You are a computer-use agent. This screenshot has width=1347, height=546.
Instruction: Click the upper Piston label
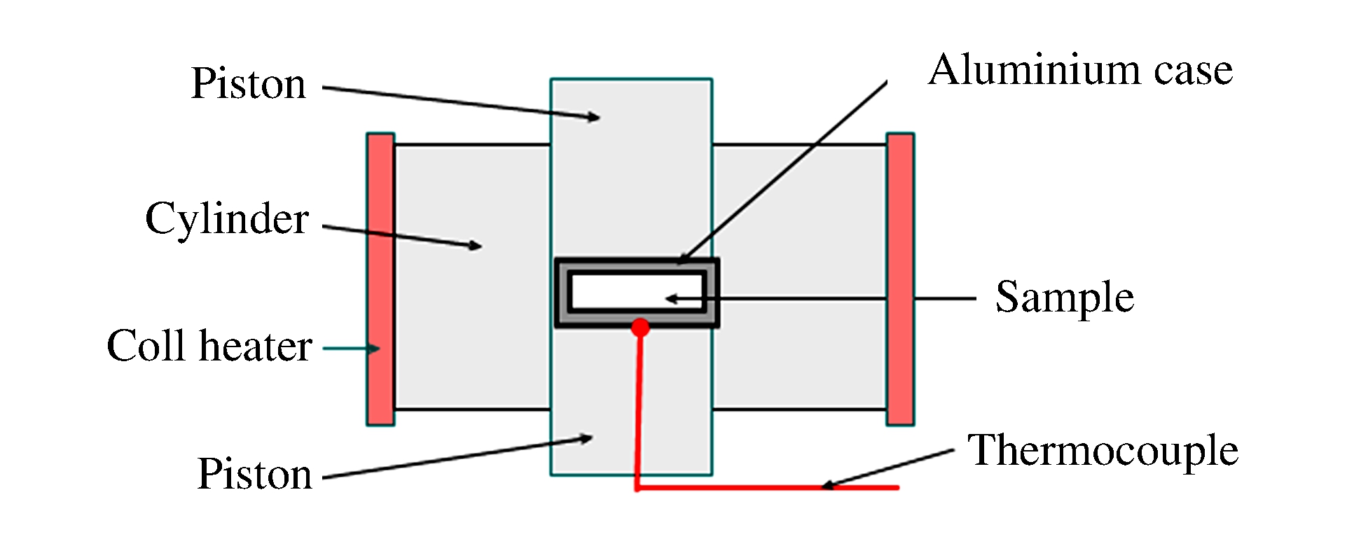pyautogui.click(x=249, y=84)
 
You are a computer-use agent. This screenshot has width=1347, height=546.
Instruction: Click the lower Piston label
pyautogui.click(x=255, y=474)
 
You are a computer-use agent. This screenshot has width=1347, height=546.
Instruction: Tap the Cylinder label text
pyautogui.click(x=227, y=218)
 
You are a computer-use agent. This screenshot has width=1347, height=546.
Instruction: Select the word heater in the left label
pyautogui.click(x=255, y=346)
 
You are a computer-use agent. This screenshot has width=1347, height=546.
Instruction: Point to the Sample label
pyautogui.click(x=1064, y=297)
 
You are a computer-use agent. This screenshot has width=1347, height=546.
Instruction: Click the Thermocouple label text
pyautogui.click(x=1103, y=449)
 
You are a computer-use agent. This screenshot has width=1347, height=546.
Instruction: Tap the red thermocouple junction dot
pyautogui.click(x=640, y=327)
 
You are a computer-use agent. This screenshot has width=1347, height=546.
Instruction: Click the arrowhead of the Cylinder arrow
pyautogui.click(x=476, y=246)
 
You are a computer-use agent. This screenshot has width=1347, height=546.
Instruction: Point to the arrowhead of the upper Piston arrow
pyautogui.click(x=593, y=118)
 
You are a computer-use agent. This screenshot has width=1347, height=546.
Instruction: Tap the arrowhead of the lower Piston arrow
pyautogui.click(x=586, y=439)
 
